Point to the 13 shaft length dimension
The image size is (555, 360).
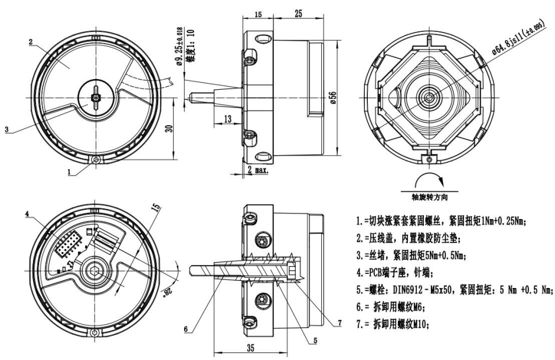[228, 120]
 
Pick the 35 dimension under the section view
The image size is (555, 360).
[250, 348]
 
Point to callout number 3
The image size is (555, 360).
[6, 129]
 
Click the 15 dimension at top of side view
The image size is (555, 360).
[258, 13]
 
